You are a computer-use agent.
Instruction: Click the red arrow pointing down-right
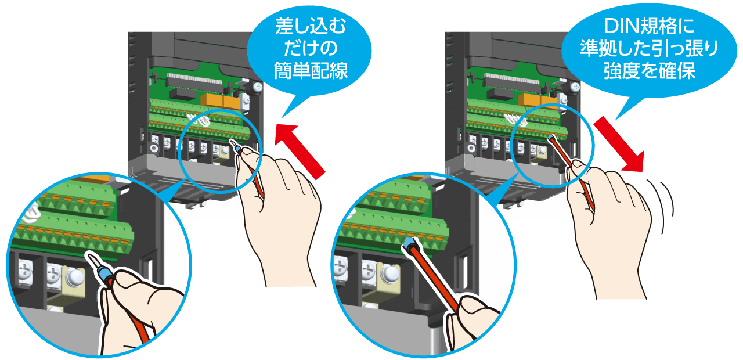[619, 144]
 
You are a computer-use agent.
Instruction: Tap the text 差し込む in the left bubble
[311, 26]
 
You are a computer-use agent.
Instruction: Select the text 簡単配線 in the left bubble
[311, 70]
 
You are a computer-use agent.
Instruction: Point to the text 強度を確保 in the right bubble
[649, 70]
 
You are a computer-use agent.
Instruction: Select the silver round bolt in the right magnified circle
[389, 273]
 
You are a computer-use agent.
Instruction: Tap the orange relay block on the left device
[220, 100]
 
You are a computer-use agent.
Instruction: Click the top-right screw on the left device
[258, 88]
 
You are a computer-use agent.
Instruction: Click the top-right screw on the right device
[575, 88]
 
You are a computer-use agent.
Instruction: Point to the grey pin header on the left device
[193, 79]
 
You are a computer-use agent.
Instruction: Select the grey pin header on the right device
[511, 80]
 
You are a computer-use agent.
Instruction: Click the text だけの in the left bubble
[311, 48]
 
